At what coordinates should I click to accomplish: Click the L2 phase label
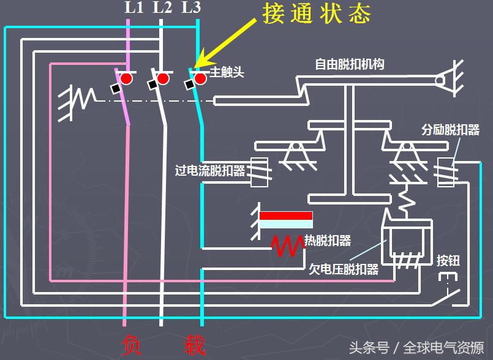coord(162,8)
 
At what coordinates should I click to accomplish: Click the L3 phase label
coord(191,8)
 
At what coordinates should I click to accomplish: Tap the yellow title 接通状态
coord(316,13)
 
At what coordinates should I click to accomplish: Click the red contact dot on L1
coord(126,78)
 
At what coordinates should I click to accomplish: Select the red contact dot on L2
coord(162,78)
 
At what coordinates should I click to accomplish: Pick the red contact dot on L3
coord(200,78)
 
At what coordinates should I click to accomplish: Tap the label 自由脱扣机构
coord(350,64)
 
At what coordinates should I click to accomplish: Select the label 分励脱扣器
coord(450,131)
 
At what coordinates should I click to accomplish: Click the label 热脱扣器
coord(328,241)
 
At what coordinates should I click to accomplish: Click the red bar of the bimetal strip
coord(286,216)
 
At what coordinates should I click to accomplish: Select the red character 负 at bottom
coord(132,345)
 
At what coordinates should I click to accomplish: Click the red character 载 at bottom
coord(194,345)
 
